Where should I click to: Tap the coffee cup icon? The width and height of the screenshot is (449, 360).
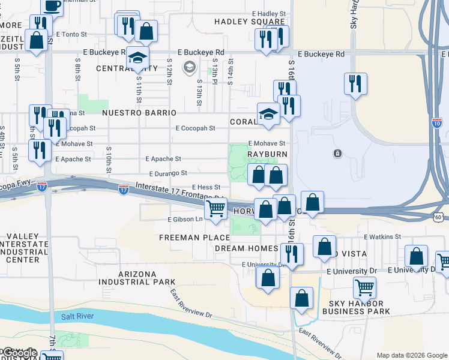pos(52,7)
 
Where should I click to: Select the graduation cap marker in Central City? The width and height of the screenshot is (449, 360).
pos(137,59)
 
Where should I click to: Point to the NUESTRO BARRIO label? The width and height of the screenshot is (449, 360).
pos(139,113)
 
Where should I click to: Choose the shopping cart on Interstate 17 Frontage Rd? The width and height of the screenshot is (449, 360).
pos(216,209)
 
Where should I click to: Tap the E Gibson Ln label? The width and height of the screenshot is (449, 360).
pos(186,220)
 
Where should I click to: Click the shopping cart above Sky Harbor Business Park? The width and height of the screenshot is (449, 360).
pos(364,287)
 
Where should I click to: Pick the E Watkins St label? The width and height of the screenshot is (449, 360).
pos(382,238)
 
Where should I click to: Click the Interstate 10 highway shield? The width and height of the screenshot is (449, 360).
pos(436,123)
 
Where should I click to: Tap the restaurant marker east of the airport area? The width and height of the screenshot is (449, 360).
pos(355,83)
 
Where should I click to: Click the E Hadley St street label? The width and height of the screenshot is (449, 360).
pos(268,13)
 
